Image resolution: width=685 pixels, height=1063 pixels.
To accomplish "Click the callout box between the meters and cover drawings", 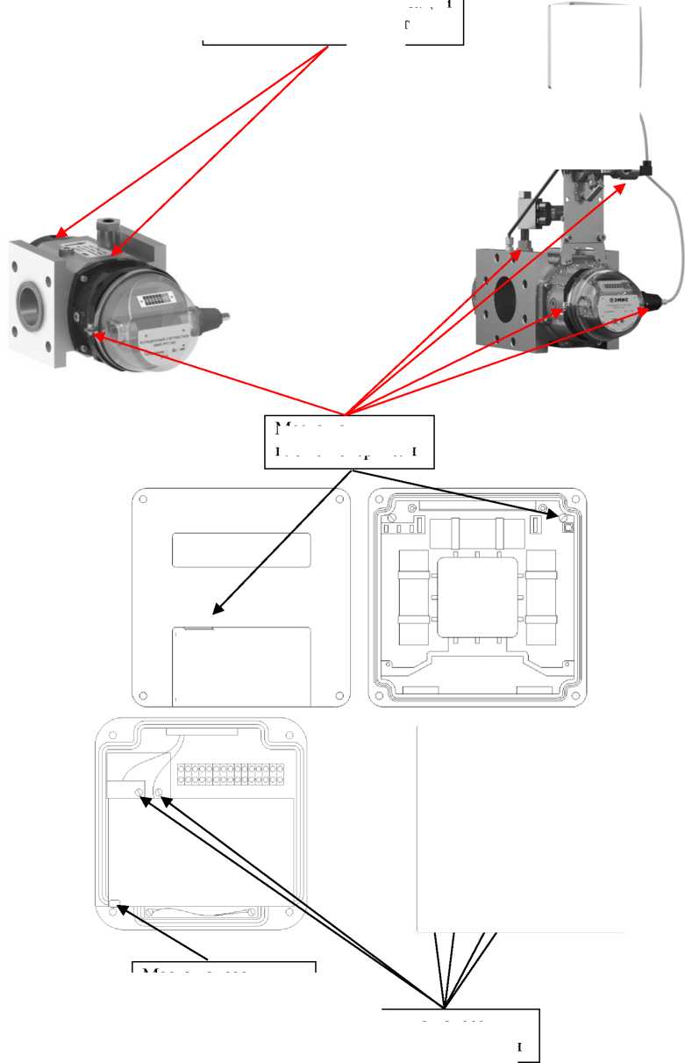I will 349,442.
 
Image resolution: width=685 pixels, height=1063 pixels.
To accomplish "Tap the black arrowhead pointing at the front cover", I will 217,608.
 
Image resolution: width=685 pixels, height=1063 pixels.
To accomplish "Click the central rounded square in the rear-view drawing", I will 476,598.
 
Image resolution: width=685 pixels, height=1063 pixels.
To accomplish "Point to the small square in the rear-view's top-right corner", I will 566,528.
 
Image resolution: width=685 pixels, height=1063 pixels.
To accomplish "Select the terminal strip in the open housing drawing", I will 232,773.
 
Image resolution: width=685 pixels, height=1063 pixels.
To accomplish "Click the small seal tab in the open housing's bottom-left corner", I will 114,901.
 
